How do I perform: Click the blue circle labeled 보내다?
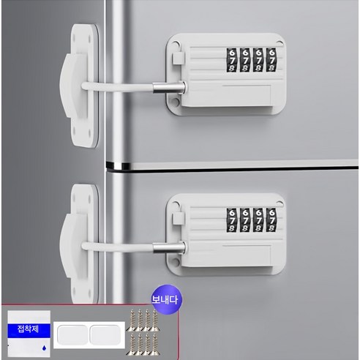167,299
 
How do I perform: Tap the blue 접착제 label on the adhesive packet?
29,331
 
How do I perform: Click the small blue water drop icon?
44,348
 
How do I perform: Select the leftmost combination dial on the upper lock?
232,60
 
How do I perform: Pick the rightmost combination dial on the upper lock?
271,60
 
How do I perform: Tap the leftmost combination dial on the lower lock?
232,220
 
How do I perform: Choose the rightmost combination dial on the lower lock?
271,220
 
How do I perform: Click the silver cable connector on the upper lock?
169,88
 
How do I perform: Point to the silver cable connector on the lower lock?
169,247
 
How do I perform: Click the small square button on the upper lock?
178,59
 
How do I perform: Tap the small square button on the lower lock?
178,219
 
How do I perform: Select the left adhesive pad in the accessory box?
72,335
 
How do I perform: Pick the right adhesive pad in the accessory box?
105,335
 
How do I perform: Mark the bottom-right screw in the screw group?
154,344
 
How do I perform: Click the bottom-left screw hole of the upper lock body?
175,102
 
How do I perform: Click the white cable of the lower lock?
118,247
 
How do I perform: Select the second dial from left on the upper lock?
245,60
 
